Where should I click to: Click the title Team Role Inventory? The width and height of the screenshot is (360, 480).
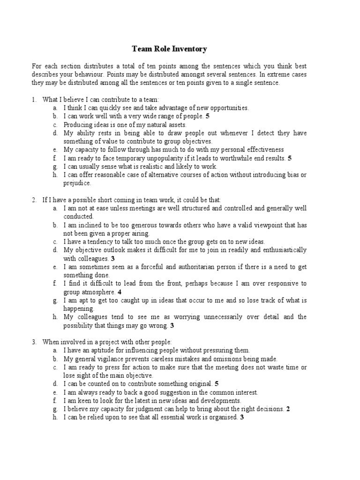click(x=169, y=49)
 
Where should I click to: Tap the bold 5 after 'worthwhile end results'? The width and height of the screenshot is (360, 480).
click(x=290, y=158)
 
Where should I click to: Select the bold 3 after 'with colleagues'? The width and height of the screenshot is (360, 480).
click(x=112, y=258)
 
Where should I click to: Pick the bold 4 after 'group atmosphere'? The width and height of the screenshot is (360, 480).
click(x=120, y=292)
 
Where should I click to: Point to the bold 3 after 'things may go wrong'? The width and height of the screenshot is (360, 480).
click(x=172, y=325)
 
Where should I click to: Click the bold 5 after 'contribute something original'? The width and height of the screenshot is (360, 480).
click(x=216, y=384)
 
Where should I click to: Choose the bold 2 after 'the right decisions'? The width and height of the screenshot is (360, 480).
click(x=288, y=409)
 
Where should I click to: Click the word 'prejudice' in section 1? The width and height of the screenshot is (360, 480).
click(x=77, y=183)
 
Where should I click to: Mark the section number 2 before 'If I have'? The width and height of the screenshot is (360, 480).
click(x=34, y=200)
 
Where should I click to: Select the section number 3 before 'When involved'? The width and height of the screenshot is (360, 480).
click(x=34, y=342)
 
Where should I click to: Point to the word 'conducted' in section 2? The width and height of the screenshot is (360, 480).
click(x=78, y=217)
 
